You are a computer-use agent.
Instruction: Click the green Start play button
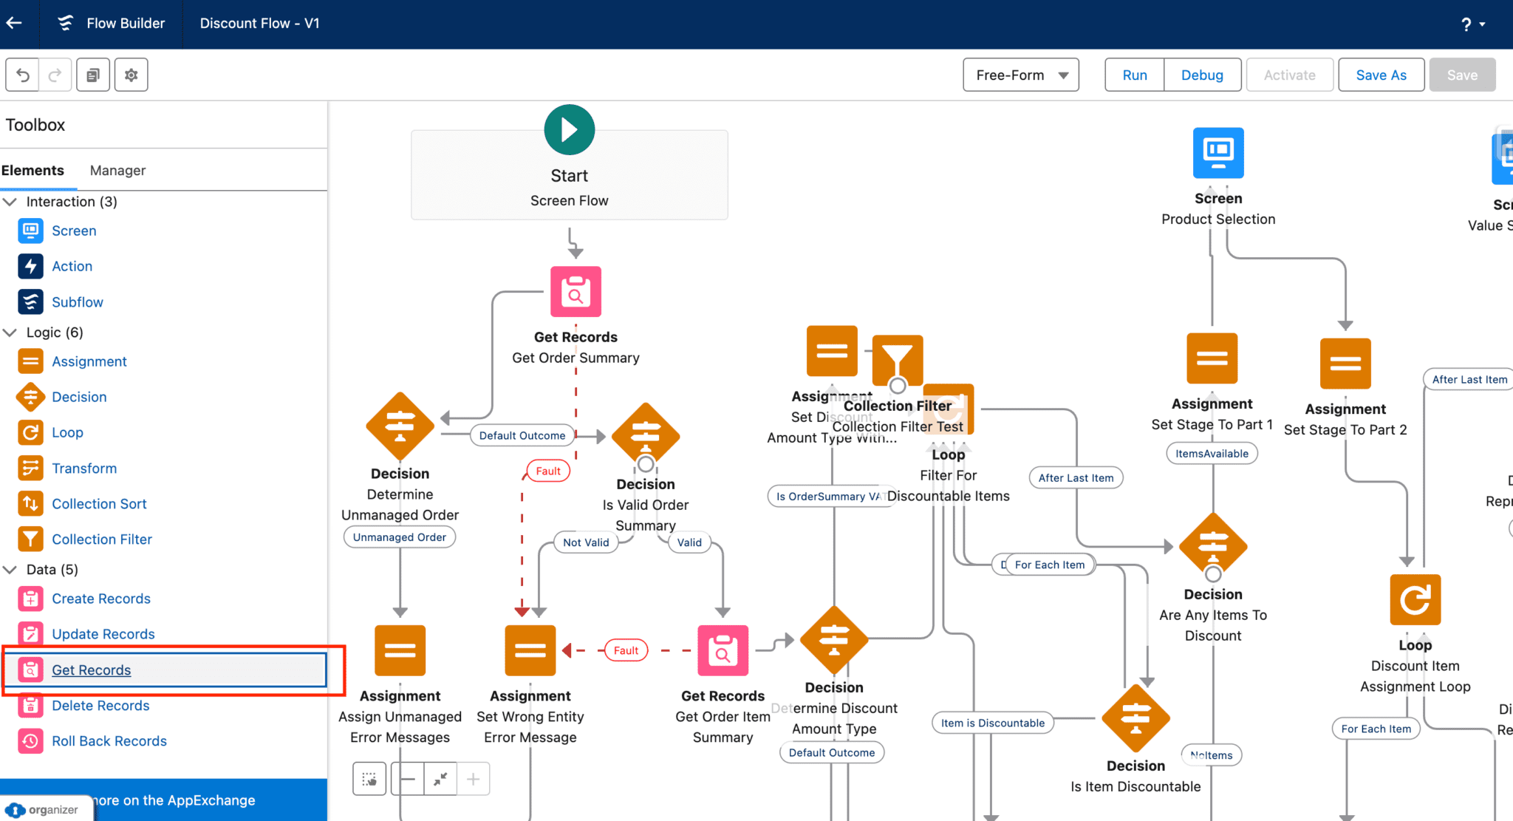pos(569,130)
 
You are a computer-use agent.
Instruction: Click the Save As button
pos(1381,75)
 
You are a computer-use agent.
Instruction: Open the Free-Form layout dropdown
pos(1020,75)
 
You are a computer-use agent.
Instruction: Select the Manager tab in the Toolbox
pos(117,170)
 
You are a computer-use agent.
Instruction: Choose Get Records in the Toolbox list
pos(91,670)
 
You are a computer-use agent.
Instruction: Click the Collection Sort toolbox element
pos(99,503)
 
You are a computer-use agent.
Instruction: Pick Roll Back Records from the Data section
pos(109,740)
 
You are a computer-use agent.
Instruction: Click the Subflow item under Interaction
pos(77,302)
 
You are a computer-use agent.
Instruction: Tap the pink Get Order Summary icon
pos(576,291)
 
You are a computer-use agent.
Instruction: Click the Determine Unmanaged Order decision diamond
pos(400,426)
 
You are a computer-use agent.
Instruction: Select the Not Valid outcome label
pos(586,542)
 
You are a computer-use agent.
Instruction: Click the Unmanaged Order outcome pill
pos(399,537)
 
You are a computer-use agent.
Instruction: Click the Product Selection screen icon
pos(1218,152)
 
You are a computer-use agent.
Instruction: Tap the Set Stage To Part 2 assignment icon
pos(1345,363)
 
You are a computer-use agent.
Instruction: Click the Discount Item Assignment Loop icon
pos(1415,599)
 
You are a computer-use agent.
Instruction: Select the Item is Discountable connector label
pos(992,723)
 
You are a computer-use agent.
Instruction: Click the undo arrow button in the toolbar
pos(23,75)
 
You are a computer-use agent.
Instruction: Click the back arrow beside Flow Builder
pos(14,23)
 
